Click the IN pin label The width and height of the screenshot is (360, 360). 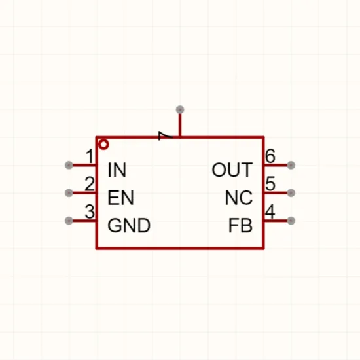tap(117, 170)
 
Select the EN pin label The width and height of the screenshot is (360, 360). tap(120, 198)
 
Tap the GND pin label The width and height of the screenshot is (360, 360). tap(129, 225)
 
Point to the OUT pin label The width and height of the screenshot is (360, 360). tap(232, 170)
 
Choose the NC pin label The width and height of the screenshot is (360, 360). tap(239, 198)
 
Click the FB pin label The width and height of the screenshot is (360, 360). tap(240, 225)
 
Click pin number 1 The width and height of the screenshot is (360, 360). tap(90, 156)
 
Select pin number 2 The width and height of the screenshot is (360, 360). tap(90, 184)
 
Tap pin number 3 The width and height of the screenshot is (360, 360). tap(90, 211)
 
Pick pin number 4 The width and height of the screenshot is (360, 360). tap(270, 211)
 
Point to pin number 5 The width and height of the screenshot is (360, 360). tap(270, 184)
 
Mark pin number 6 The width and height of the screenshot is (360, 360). tap(270, 156)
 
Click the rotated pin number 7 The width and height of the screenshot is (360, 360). tap(166, 135)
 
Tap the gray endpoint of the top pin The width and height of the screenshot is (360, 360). tap(180, 110)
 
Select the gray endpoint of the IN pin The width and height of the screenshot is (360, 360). tap(69, 165)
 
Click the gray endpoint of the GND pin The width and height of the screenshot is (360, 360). tap(69, 221)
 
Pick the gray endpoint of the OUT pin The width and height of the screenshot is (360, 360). tap(291, 165)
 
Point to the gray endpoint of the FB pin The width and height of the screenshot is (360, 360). tap(291, 221)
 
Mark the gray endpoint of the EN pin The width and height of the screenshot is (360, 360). tap(69, 193)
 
